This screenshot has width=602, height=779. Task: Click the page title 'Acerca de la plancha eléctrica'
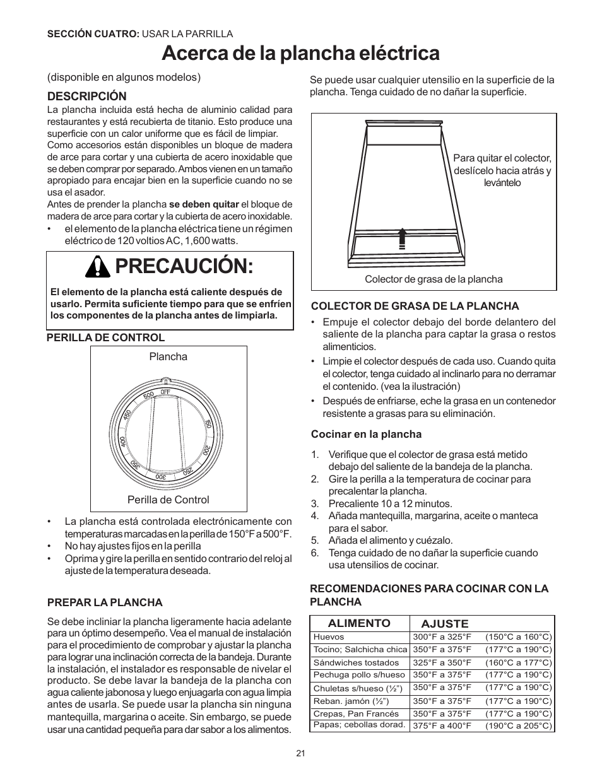click(300, 54)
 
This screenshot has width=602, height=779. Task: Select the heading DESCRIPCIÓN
click(87, 97)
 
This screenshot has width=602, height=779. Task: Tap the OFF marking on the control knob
click(165, 392)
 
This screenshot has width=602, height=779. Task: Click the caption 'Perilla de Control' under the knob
click(168, 500)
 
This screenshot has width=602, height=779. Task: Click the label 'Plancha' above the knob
click(168, 356)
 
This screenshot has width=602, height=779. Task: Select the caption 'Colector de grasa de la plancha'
click(434, 279)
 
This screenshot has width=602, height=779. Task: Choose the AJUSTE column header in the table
click(445, 624)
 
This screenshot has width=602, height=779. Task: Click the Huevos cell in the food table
click(329, 637)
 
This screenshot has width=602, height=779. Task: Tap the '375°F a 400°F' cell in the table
click(442, 726)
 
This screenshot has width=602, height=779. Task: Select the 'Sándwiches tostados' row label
click(356, 662)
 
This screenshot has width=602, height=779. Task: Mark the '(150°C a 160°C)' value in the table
click(518, 637)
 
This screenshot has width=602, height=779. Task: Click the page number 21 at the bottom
click(300, 753)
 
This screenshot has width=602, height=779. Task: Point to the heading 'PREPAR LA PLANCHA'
click(105, 602)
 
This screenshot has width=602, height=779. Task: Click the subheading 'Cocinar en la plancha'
click(366, 434)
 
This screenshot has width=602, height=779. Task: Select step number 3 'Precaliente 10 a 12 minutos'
click(389, 503)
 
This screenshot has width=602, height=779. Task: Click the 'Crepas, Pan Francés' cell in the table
click(356, 713)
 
